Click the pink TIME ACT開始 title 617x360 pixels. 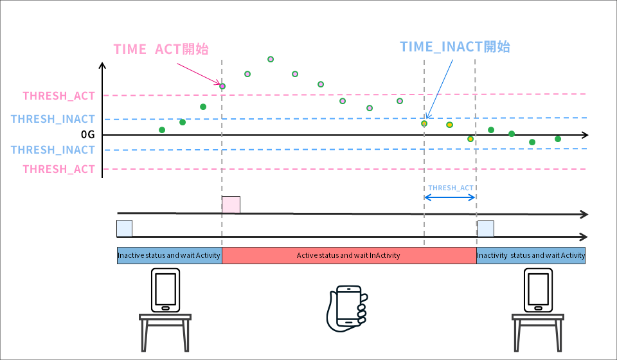pos(161,50)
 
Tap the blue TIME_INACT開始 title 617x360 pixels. pos(454,46)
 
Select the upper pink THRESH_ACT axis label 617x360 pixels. pos(58,96)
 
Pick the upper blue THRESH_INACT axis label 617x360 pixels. pos(53,119)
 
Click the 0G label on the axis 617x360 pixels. pos(87,135)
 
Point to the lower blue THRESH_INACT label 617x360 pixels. pos(53,150)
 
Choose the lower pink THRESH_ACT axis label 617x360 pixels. pos(58,169)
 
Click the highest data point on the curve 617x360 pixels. pos(271,59)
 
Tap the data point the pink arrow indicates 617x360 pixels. pos(222,85)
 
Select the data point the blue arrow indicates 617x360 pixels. pos(424,123)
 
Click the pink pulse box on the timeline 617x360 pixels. pos(231,204)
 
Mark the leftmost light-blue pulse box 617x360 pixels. pos(124,228)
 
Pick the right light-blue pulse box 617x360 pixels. pos(486,228)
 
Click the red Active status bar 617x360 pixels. pos(348,255)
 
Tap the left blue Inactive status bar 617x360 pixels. pos(169,255)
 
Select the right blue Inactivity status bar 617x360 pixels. pos(531,255)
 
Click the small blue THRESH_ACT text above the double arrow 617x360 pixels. pos(451,188)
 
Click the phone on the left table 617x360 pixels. pos(165,290)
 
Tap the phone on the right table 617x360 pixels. pos(538,290)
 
